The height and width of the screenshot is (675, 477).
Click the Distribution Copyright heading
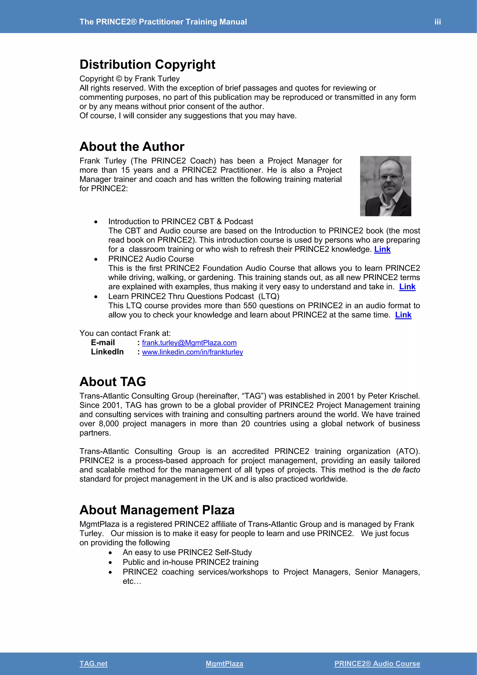click(x=147, y=65)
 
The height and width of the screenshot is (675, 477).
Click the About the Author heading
click(x=132, y=147)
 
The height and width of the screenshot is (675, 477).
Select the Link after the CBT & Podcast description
click(x=382, y=249)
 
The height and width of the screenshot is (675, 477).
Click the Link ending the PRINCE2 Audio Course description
click(x=407, y=287)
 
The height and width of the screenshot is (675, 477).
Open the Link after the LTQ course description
click(x=403, y=315)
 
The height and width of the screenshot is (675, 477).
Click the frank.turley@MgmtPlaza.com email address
click(x=189, y=343)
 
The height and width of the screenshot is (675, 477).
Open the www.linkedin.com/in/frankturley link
click(x=192, y=352)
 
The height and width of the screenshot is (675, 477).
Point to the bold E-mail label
click(x=103, y=342)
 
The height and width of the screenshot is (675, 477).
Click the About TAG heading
click(x=112, y=382)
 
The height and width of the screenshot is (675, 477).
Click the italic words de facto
click(x=406, y=470)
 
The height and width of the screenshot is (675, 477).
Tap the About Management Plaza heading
click(x=157, y=510)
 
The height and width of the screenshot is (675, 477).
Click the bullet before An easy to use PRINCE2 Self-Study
click(x=110, y=553)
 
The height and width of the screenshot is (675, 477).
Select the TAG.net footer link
click(x=93, y=664)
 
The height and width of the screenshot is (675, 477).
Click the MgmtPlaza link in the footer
click(x=224, y=664)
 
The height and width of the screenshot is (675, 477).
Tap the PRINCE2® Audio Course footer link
click(x=377, y=664)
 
